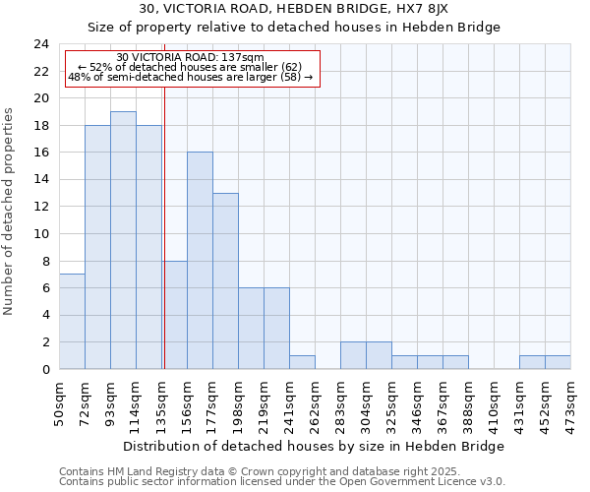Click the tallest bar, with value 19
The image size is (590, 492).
[x=123, y=240]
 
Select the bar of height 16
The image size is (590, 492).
[x=200, y=261]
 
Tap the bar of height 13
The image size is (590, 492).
[x=225, y=280]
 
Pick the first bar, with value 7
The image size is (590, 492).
[x=72, y=322]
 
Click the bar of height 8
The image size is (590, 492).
[x=174, y=315]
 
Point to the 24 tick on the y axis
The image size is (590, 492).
[x=41, y=44]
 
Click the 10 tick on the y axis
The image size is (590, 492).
[x=41, y=234]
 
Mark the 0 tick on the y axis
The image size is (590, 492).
[x=45, y=370]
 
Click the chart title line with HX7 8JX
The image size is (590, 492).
[x=294, y=9]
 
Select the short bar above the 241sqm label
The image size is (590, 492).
[x=302, y=362]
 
